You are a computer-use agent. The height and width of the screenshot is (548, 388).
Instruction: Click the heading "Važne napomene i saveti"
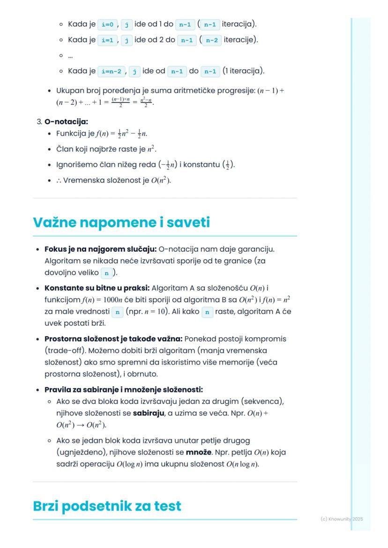pos(121,223)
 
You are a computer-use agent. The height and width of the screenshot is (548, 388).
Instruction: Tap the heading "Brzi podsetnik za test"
pos(107,506)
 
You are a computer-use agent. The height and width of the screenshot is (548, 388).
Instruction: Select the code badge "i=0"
pos(107,23)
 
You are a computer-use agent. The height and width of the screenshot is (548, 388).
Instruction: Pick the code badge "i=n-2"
pos(111,71)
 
